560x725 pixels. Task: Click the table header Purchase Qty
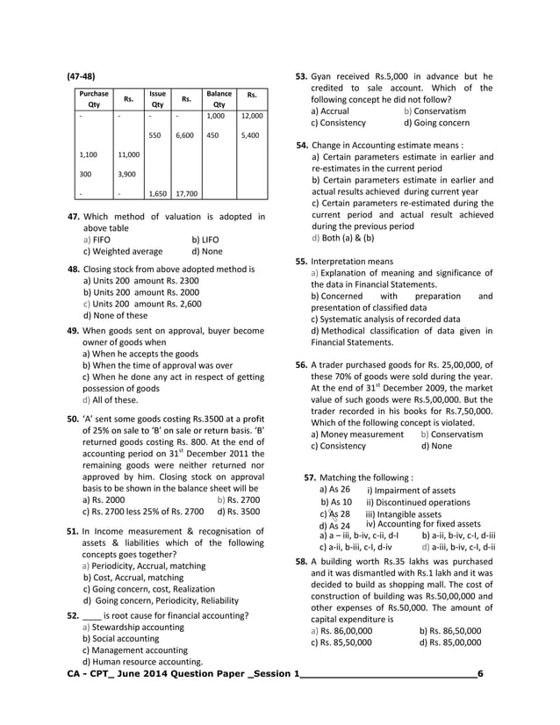[x=94, y=98]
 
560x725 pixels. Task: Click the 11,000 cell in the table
[x=128, y=154]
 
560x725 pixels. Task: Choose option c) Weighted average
[x=122, y=251]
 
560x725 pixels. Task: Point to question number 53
[x=301, y=76]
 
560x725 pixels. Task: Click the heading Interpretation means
[x=351, y=261]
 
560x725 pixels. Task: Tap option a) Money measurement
[x=357, y=434]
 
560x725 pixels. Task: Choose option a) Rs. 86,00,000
[x=341, y=630]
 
